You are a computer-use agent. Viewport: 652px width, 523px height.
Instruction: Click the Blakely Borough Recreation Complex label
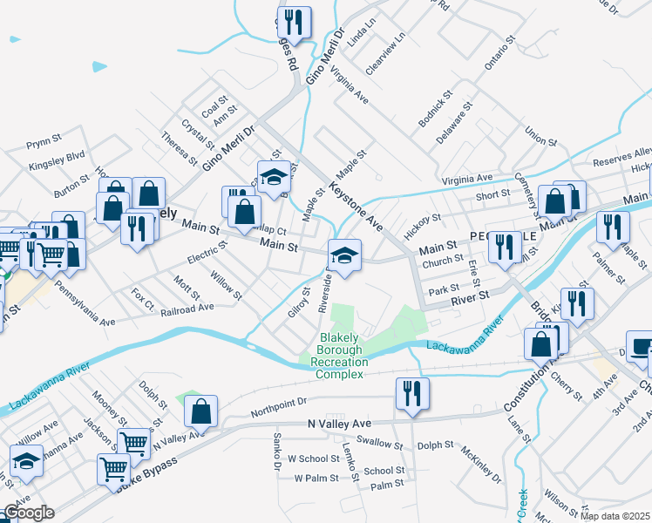[339, 356]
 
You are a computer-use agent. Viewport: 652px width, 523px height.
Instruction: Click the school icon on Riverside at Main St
[344, 255]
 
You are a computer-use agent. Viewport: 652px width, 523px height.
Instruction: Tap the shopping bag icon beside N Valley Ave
[200, 411]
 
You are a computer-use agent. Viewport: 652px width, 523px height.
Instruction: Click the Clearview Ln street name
[386, 54]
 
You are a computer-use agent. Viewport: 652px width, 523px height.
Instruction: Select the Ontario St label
[494, 61]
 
